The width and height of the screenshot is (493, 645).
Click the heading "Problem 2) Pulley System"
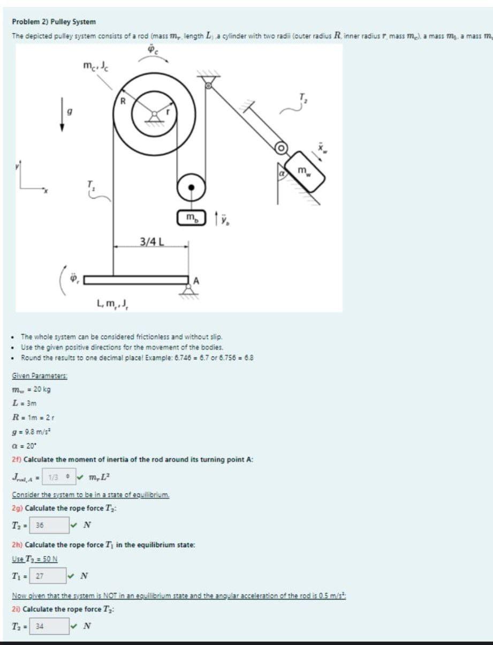(x=54, y=22)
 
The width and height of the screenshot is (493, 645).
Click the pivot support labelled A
(x=188, y=289)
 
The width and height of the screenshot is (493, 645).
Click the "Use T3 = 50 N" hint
(x=35, y=559)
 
